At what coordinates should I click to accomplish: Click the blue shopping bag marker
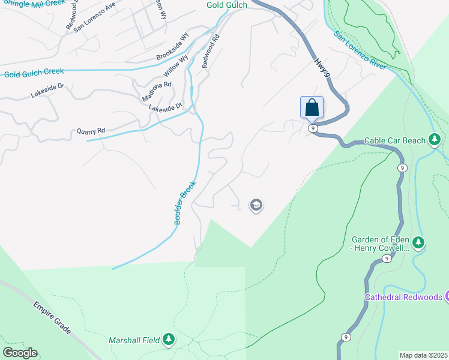(312, 108)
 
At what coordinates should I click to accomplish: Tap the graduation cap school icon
(256, 206)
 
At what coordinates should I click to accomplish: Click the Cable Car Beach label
(394, 140)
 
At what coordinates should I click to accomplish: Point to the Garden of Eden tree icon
(418, 243)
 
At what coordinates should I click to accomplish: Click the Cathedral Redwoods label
(403, 296)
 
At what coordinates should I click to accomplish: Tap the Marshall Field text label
(134, 340)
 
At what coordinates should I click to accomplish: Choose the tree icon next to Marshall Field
(169, 340)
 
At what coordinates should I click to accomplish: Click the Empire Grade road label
(52, 318)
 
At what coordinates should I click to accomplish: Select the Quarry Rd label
(91, 130)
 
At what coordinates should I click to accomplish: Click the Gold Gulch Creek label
(34, 72)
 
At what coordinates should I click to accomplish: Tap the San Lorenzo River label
(360, 52)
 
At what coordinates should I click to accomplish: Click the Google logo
(20, 352)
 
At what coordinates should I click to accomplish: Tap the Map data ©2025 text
(423, 355)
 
